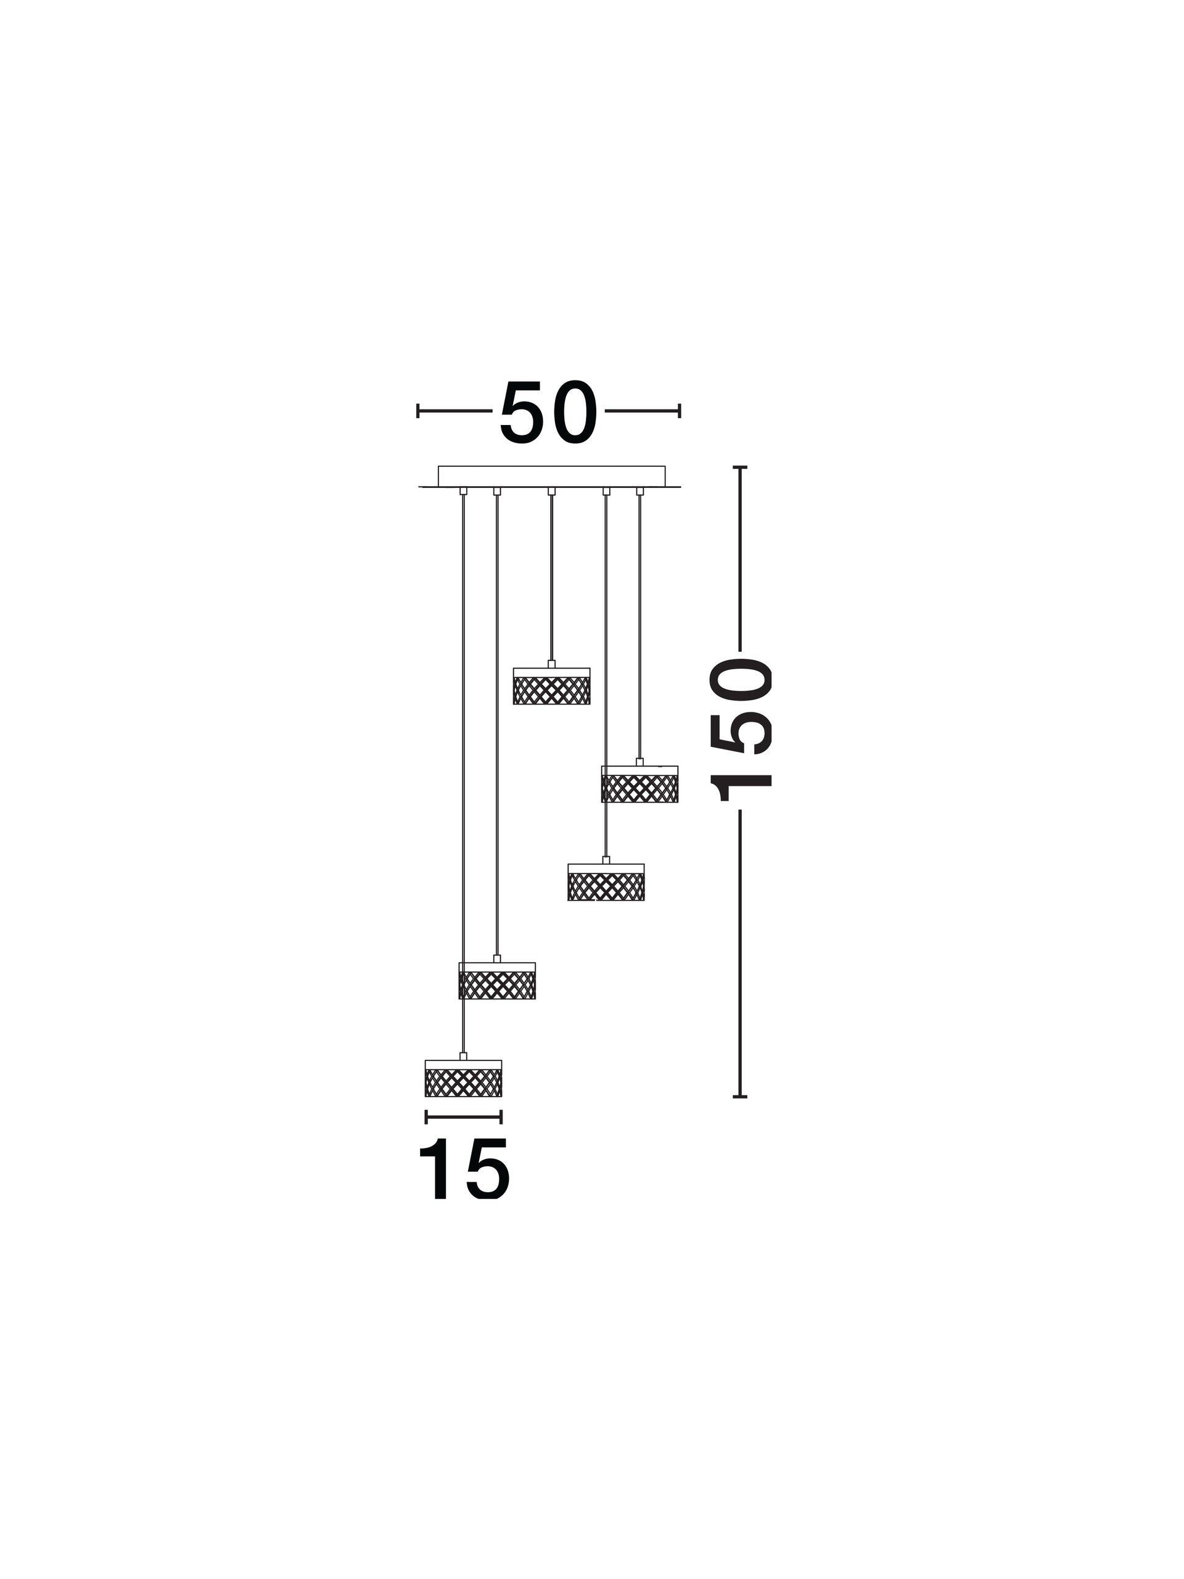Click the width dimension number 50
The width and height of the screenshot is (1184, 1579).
tap(548, 413)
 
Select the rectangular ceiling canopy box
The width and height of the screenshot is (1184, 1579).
tap(551, 476)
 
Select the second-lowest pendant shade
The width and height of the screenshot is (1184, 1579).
tap(496, 980)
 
